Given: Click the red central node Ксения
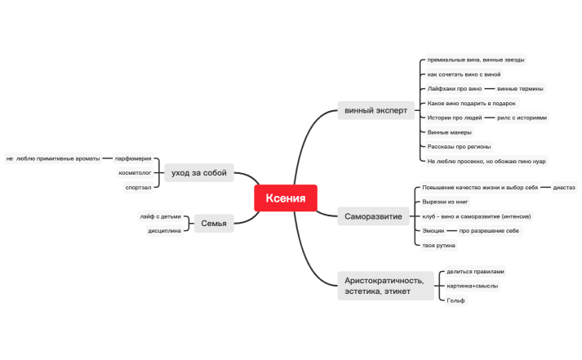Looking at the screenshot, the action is (286, 198).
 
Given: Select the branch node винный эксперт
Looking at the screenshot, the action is (375, 110).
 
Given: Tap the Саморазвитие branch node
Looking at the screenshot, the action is (373, 216).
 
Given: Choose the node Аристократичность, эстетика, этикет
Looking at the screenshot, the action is (385, 286).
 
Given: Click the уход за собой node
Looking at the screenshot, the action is (199, 172).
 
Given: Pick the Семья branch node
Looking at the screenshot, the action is (214, 223).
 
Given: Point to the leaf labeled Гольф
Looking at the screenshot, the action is (455, 300).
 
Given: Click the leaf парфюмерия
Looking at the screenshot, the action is (133, 158).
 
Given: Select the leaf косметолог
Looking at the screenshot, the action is (135, 172).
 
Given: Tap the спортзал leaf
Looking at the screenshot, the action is (138, 188).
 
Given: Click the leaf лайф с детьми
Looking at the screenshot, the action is (160, 216).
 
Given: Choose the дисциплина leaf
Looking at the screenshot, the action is (164, 230).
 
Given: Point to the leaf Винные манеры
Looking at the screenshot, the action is (449, 132).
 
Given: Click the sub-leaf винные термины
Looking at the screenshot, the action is (520, 89).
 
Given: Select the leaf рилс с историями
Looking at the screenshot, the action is (522, 118).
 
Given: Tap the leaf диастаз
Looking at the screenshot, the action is (564, 188).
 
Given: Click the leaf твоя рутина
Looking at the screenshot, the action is (438, 246).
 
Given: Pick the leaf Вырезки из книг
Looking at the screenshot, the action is (445, 202).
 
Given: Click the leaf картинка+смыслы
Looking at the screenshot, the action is (472, 286).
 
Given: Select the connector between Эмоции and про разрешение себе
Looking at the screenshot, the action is (451, 230).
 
